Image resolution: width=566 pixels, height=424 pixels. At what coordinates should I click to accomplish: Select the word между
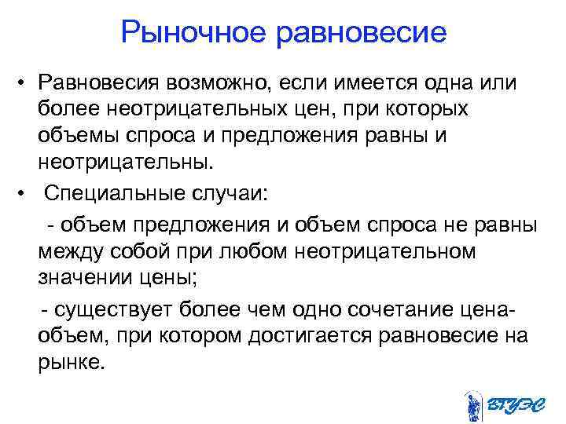[75, 251]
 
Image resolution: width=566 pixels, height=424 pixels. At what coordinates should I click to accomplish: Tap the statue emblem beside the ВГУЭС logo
[474, 405]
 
